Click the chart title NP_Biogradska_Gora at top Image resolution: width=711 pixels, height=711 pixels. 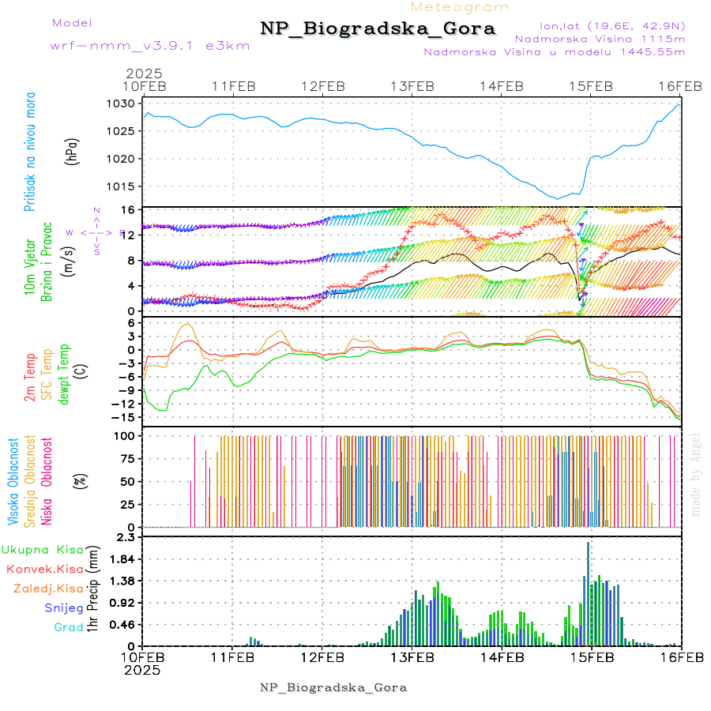pos(378,29)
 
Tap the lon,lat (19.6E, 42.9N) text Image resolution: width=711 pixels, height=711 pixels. pos(611,25)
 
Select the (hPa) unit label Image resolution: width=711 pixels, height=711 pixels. pos(73,150)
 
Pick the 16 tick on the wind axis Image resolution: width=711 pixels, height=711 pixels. pos(126,209)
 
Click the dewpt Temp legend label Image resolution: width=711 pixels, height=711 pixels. pos(64,371)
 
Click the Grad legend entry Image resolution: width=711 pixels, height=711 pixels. pos(68,628)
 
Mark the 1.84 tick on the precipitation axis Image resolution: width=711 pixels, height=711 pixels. pos(122,559)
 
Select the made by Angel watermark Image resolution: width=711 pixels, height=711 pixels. pos(696,474)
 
